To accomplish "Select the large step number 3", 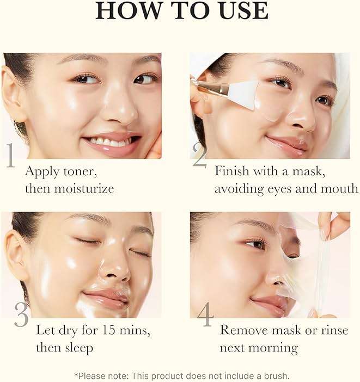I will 21,315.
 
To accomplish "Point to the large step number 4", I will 205,315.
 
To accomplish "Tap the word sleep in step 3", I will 80,347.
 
